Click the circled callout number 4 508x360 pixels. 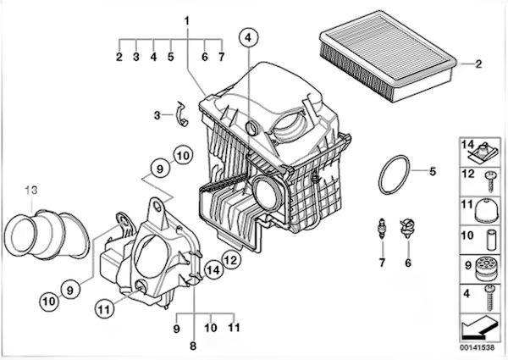coord(248,38)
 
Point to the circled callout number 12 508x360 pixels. coord(231,260)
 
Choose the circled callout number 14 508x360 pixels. coord(213,270)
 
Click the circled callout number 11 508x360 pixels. coord(104,310)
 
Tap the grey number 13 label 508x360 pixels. coord(31,191)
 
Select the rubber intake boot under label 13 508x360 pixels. coord(47,235)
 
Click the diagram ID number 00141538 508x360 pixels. coord(478,347)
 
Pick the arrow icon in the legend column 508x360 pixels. coord(479,327)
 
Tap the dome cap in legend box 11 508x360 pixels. coord(486,210)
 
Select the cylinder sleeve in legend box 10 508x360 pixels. coord(491,240)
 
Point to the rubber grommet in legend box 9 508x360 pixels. coord(486,269)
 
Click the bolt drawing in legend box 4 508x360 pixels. coord(489,298)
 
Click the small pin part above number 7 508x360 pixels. coord(383,229)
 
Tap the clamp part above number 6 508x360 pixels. coord(407,228)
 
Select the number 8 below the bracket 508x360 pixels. coord(193,346)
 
